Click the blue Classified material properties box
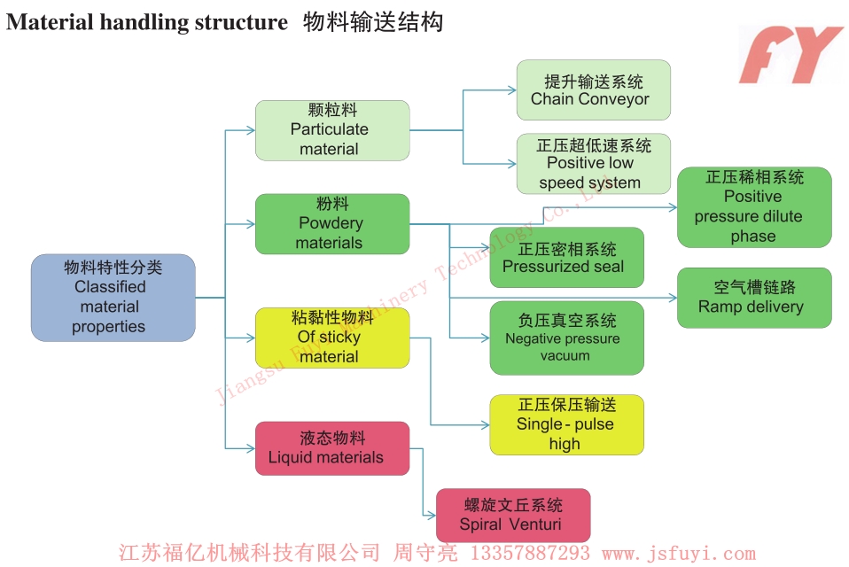coord(113,298)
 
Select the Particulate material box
coord(332,130)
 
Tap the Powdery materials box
coord(332,223)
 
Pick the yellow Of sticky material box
coord(332,338)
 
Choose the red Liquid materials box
coord(332,448)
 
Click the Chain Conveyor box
coord(593,90)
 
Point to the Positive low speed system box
coord(593,164)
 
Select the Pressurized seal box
coord(566,258)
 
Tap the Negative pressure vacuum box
coord(566,338)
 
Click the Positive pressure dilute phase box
coord(754,207)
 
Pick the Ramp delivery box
coord(754,298)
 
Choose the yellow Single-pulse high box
coord(566,425)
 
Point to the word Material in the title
coord(50,22)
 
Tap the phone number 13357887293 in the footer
coord(528,554)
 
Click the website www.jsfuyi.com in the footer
coord(678,554)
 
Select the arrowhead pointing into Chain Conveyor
coord(511,90)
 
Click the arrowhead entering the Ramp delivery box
coord(672,299)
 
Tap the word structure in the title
coord(244,22)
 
